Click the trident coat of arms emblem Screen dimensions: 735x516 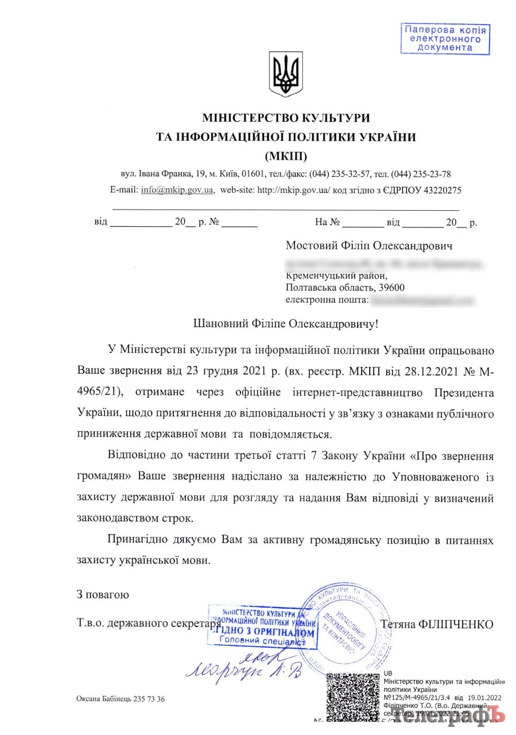(285, 74)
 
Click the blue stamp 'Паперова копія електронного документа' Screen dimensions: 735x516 (445, 39)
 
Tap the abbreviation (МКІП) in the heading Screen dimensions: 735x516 (286, 156)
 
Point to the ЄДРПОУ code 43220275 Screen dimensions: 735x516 (440, 189)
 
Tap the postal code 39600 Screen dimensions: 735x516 (395, 287)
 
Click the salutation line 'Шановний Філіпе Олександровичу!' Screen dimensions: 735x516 (286, 324)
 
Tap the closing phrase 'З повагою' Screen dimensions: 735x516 (103, 594)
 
